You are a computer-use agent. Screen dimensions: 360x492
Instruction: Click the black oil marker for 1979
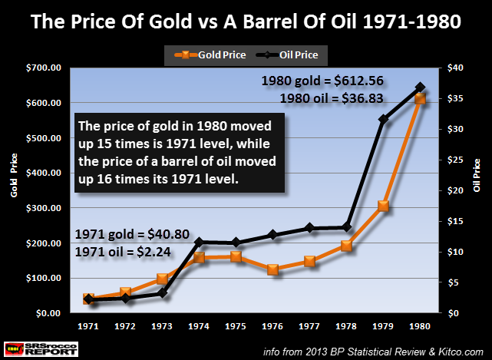(x=383, y=119)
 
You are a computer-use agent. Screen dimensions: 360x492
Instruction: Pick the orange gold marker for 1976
(x=272, y=269)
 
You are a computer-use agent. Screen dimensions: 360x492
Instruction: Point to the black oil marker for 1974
(x=200, y=243)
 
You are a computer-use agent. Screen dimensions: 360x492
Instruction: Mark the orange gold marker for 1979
(x=383, y=206)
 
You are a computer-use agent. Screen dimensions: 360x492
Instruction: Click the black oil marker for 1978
(x=346, y=227)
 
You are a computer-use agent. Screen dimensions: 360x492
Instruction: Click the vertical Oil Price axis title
(x=477, y=176)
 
